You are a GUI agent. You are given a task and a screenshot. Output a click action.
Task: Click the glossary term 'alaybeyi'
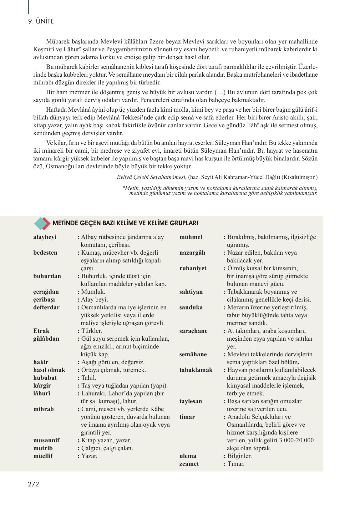point(45,237)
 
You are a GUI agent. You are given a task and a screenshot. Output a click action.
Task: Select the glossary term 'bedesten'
point(45,253)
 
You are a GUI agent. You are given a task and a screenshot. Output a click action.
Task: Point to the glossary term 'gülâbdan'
point(46,339)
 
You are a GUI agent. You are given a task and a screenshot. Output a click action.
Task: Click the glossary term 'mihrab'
point(43,409)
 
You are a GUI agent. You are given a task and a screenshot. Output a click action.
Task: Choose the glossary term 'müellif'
point(43,456)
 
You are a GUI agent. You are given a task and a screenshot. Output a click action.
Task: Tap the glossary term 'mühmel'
point(191,237)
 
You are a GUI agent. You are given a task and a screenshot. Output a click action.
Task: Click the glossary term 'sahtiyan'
point(191,292)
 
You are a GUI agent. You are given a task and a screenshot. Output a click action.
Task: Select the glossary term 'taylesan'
point(191,401)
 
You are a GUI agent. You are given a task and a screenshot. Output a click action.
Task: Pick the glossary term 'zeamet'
point(189,464)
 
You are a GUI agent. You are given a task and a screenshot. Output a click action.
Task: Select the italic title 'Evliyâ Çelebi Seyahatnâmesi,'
point(152,177)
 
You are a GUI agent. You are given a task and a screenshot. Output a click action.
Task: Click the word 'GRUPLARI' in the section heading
point(184,223)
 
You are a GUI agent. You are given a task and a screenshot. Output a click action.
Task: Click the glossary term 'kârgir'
point(42,386)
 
